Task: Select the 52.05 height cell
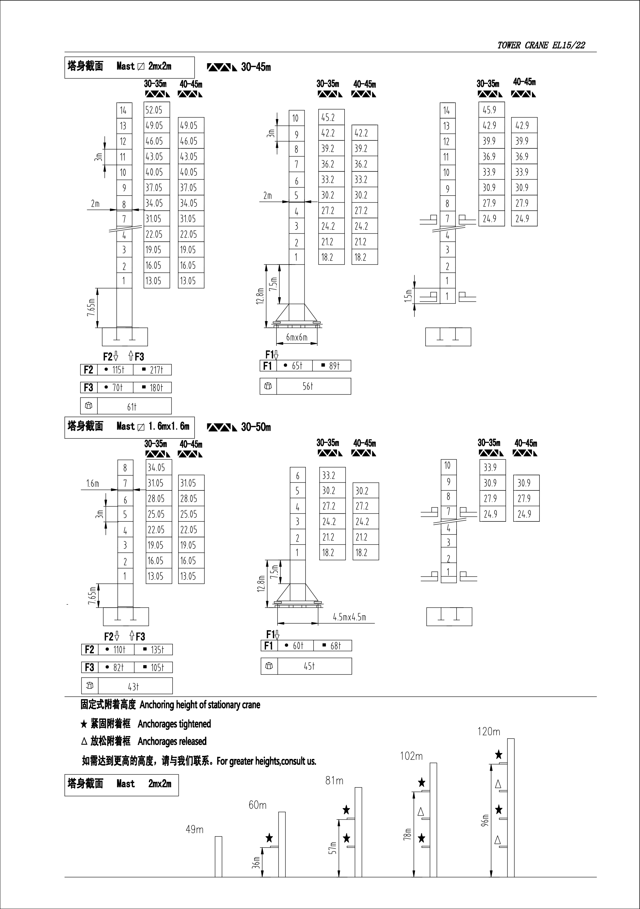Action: [x=154, y=110]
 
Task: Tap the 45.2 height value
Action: [x=328, y=118]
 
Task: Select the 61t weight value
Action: [x=132, y=407]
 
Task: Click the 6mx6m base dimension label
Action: [x=297, y=337]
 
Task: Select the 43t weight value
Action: [x=133, y=687]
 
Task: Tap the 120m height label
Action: [x=489, y=732]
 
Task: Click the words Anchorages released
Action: [x=172, y=741]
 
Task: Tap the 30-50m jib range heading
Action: [x=256, y=427]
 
